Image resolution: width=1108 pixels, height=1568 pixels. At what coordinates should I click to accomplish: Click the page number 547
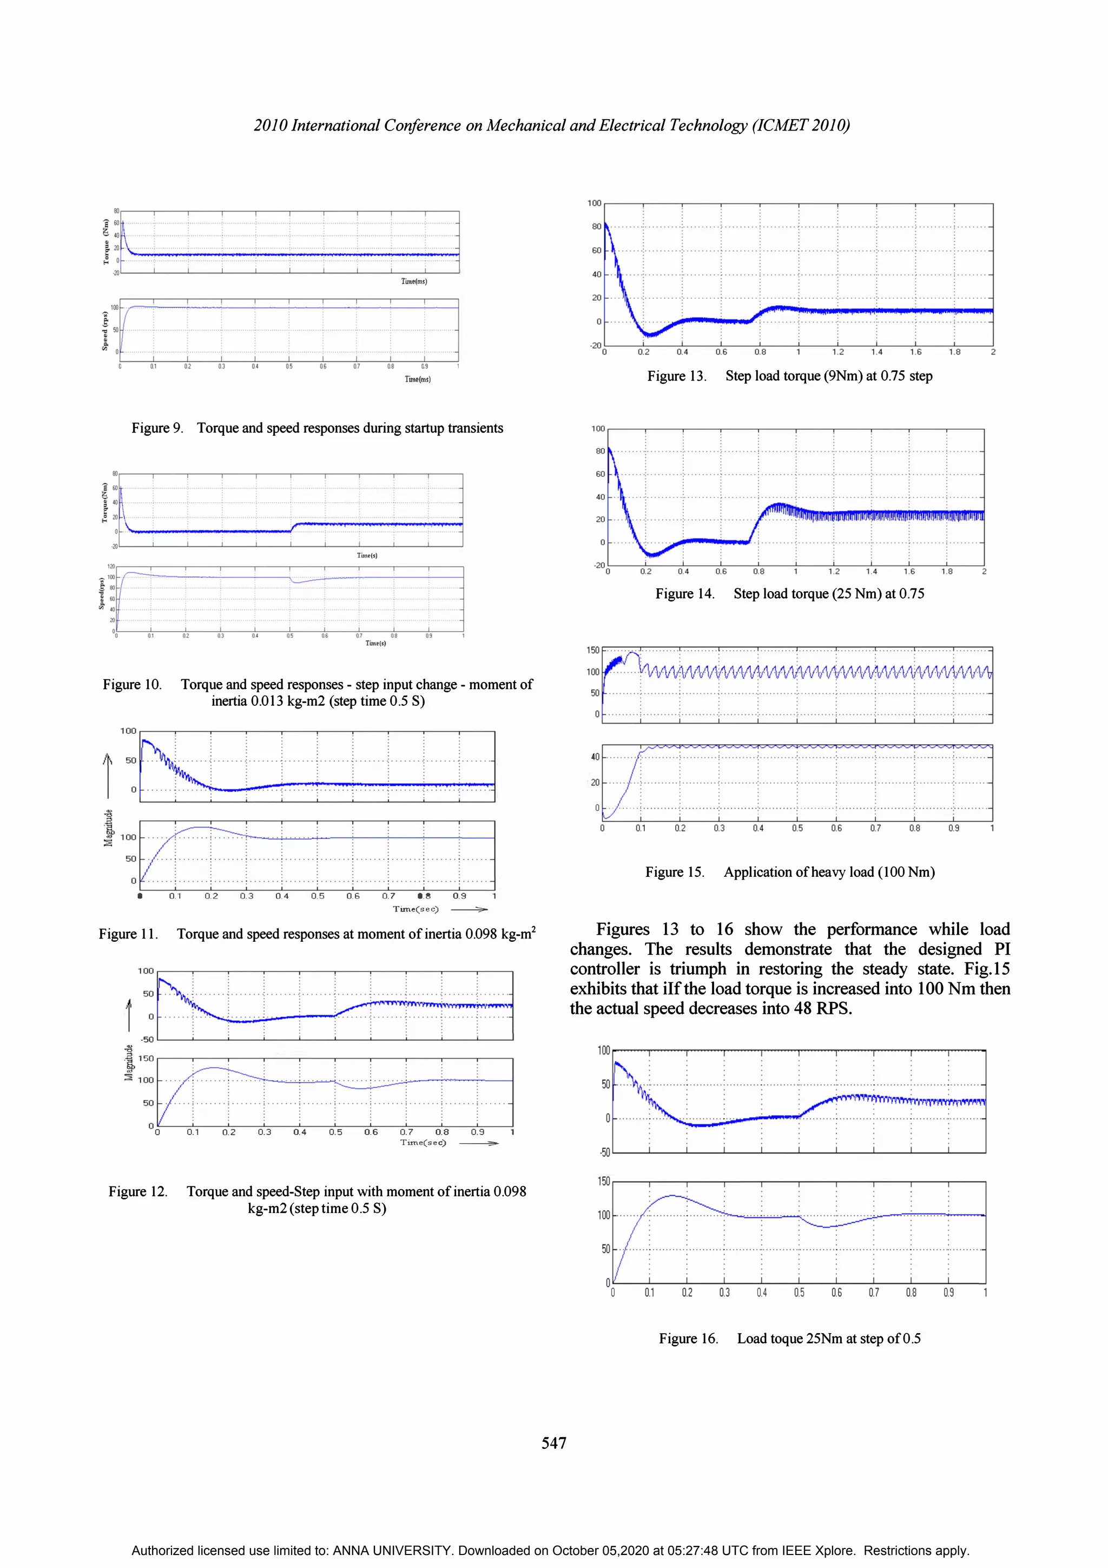553,1442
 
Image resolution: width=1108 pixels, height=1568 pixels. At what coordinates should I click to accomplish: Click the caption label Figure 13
676,376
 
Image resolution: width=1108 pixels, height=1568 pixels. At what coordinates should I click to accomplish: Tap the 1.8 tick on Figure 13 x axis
954,352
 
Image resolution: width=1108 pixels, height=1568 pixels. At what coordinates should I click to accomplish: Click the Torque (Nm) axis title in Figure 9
106,242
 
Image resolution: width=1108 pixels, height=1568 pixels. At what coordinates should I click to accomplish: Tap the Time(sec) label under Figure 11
415,909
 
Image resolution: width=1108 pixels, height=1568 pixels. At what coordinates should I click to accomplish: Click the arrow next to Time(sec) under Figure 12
479,1143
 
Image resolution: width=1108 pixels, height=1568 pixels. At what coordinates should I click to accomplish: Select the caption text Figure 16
688,1339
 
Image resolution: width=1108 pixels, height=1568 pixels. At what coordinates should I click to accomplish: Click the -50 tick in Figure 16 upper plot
604,1153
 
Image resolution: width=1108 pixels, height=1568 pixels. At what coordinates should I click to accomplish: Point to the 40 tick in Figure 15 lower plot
595,757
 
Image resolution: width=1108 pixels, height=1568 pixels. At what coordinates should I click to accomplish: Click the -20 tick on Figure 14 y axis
599,566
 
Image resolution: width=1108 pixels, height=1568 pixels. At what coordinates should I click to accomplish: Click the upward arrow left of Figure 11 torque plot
107,775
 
